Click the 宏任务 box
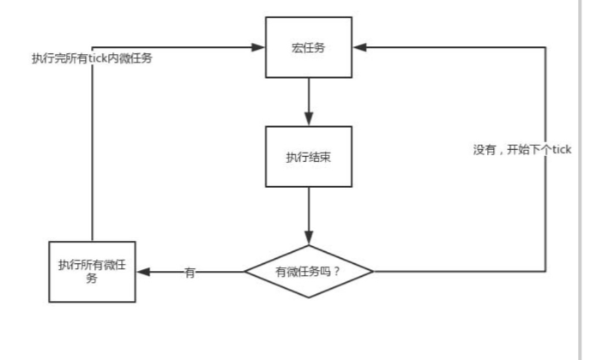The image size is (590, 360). [x=308, y=47]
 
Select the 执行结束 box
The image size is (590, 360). [x=308, y=157]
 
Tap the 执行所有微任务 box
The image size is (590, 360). [x=91, y=271]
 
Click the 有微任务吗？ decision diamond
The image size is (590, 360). [x=309, y=272]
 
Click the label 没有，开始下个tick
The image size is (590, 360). [x=522, y=149]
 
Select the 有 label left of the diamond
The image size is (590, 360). [x=190, y=272]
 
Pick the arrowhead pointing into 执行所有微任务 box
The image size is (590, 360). [x=142, y=272]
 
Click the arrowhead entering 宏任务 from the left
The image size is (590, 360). [x=258, y=47]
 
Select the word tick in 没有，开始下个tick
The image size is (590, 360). [x=561, y=149]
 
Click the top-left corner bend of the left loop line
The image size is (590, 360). [x=91, y=47]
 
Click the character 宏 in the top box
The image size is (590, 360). [x=297, y=47]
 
